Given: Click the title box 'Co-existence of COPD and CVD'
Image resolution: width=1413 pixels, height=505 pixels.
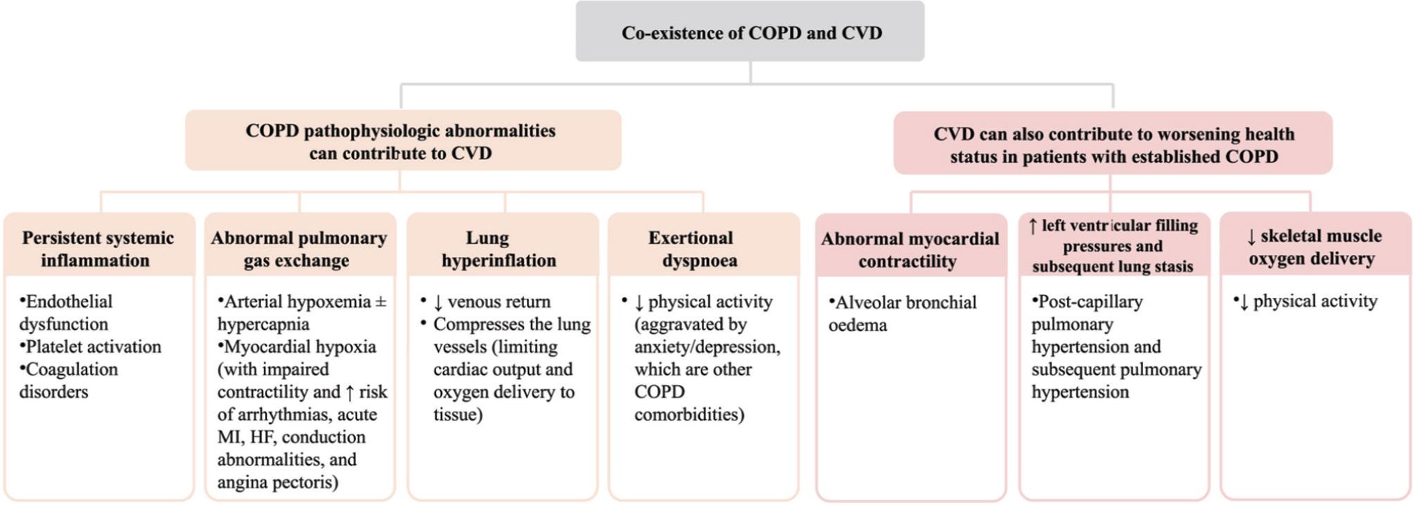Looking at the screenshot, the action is [750, 31].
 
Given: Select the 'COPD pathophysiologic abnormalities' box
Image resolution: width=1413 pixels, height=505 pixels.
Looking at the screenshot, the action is [403, 140].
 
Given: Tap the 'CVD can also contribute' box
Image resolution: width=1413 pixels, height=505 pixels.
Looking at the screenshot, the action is [1113, 143].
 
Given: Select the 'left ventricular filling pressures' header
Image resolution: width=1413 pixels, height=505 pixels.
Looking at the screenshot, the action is [1113, 245].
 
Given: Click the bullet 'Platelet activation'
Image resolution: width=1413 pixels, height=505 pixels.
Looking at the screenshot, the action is [90, 346].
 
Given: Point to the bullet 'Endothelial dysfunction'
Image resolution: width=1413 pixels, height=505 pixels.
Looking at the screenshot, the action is [66, 312].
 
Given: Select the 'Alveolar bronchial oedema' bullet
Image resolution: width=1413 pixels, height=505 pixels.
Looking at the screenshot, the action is [902, 313].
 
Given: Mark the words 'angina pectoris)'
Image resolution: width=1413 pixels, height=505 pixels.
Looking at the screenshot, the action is [278, 482].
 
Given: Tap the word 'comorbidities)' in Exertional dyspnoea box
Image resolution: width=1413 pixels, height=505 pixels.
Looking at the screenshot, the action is [689, 414].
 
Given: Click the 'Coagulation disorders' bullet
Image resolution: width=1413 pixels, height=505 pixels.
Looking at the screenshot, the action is [69, 380].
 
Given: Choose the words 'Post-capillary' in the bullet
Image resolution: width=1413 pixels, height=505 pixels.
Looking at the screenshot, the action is [1087, 301].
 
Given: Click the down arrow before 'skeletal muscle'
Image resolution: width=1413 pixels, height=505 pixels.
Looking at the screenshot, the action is [1251, 237].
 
